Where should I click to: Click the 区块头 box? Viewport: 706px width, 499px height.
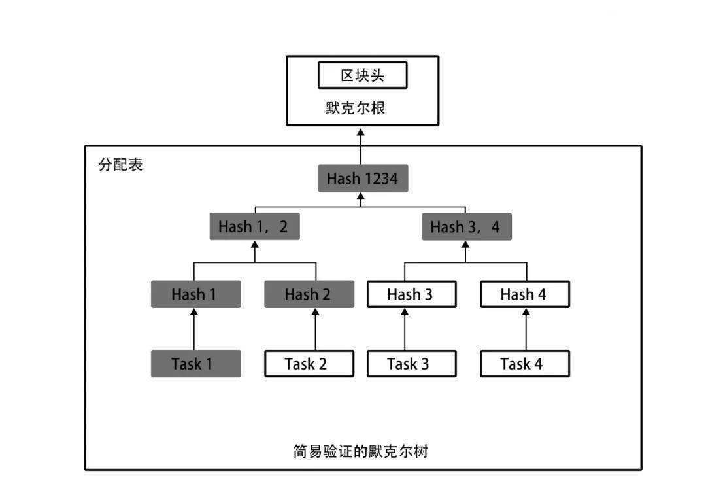[x=362, y=75]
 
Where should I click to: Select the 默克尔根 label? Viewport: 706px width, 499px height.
[x=355, y=108]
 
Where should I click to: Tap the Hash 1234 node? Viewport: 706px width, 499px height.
[x=363, y=179]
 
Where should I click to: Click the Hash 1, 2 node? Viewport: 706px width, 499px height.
[x=254, y=226]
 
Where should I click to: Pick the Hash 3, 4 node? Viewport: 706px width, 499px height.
[x=467, y=226]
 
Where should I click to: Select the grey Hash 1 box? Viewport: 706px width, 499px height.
[x=196, y=294]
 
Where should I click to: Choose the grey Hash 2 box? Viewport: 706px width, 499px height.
[x=309, y=294]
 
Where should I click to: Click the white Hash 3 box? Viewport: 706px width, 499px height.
[x=412, y=294]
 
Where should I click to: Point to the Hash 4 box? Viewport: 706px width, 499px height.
[x=525, y=294]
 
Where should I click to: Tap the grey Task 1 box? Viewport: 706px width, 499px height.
[x=196, y=364]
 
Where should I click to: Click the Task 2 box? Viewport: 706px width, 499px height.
[x=309, y=364]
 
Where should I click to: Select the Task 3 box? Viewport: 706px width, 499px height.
[x=412, y=364]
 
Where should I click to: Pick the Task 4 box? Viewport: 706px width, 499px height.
[x=525, y=364]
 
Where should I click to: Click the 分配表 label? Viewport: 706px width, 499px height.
[x=120, y=165]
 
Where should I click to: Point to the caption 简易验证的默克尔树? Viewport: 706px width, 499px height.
[x=360, y=451]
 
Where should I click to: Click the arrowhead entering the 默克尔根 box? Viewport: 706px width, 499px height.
[x=361, y=132]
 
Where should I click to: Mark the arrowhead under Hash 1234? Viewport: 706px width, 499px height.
[x=361, y=196]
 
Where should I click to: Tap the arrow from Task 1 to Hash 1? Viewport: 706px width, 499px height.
[x=194, y=329]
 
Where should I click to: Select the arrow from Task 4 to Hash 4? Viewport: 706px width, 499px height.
[x=526, y=329]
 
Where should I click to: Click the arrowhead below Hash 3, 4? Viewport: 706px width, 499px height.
[x=465, y=245]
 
